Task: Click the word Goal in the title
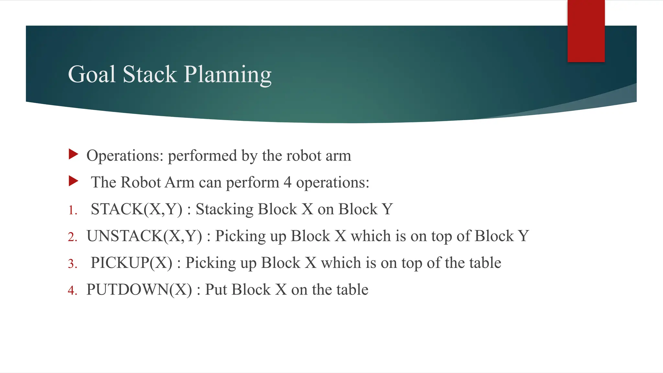(x=92, y=74)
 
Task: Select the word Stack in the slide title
(x=150, y=74)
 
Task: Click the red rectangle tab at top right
(x=586, y=31)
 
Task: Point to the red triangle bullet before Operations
(x=73, y=154)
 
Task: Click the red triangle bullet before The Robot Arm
(x=73, y=181)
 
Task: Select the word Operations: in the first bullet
(x=125, y=156)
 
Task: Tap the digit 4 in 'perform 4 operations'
(x=287, y=182)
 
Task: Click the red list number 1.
(x=73, y=210)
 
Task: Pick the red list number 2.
(x=73, y=237)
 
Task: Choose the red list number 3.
(x=73, y=264)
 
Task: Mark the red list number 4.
(x=73, y=290)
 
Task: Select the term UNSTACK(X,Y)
(x=144, y=236)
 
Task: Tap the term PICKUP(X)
(x=131, y=263)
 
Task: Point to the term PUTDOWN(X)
(x=139, y=290)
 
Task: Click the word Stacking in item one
(x=225, y=209)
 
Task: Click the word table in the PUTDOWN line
(x=352, y=289)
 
